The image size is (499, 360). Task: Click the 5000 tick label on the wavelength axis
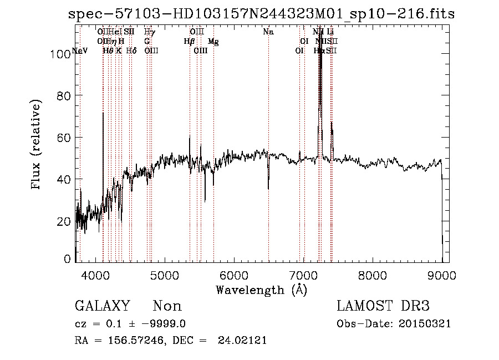click(x=164, y=275)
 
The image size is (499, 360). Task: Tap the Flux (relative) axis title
click(x=37, y=145)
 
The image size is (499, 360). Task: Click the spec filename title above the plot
click(x=261, y=14)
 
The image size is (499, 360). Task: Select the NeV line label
click(x=80, y=50)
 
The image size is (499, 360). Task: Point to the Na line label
click(x=268, y=32)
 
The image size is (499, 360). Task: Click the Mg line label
click(x=213, y=42)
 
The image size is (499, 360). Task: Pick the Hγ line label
click(x=149, y=32)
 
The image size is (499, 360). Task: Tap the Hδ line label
click(x=131, y=50)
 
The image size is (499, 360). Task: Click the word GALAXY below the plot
click(x=102, y=306)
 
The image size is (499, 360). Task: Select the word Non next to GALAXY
click(x=167, y=306)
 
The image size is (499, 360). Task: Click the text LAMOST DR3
click(x=383, y=306)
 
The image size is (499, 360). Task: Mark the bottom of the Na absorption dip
click(x=268, y=189)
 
